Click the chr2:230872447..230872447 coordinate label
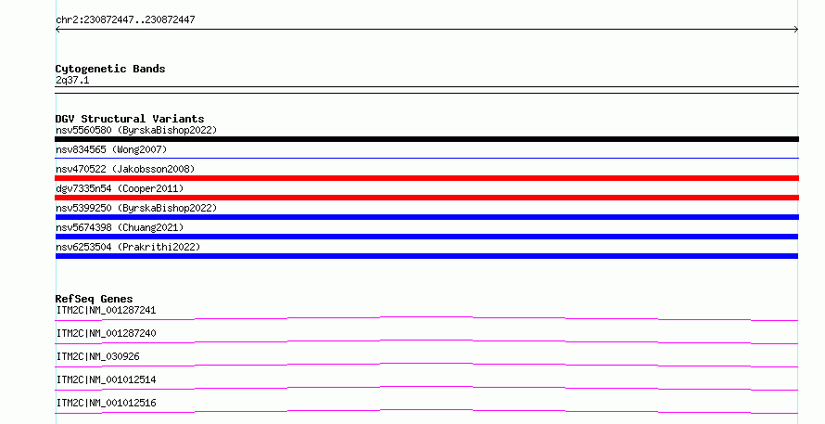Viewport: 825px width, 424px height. [x=125, y=19]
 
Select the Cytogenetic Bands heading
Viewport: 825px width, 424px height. [x=110, y=69]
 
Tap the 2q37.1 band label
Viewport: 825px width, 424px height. [x=72, y=80]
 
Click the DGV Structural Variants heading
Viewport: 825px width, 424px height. [x=130, y=119]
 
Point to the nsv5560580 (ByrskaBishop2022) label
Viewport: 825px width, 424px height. [x=136, y=130]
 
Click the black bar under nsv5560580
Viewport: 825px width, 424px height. [x=426, y=139]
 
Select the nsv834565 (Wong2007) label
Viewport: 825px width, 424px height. [x=111, y=149]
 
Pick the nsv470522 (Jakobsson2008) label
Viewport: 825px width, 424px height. [x=125, y=169]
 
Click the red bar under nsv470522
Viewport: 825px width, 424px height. [x=426, y=178]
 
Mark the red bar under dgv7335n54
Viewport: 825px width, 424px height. [x=426, y=198]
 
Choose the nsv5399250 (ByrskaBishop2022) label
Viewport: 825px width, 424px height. [x=136, y=208]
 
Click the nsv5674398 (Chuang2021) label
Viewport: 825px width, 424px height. [x=120, y=227]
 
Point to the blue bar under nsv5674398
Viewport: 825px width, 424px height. [x=426, y=237]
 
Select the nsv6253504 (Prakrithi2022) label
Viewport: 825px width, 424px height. [x=128, y=247]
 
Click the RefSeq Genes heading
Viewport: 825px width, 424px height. [x=94, y=299]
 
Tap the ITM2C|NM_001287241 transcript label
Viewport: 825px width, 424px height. [x=106, y=310]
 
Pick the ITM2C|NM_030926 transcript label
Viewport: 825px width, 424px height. [x=97, y=356]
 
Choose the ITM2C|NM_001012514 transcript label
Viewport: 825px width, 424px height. [x=106, y=379]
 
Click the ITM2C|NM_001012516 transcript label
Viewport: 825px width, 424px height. [x=106, y=403]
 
